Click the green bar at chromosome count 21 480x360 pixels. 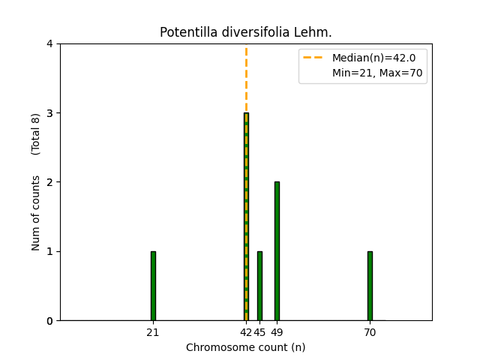153,286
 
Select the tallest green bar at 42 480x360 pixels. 246,217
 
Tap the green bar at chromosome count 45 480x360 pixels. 259,286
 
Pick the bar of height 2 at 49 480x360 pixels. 277,251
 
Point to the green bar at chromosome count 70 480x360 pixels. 370,286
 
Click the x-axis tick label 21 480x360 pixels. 153,332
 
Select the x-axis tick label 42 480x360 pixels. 245,332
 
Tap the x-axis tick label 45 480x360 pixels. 259,332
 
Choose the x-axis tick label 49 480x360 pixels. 277,332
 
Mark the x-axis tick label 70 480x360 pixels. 370,332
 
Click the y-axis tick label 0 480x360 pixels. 49,321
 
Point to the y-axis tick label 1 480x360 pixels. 49,251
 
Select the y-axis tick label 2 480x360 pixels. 49,182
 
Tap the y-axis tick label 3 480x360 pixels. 49,113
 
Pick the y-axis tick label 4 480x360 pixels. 49,44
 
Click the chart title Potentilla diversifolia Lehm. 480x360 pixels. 246,32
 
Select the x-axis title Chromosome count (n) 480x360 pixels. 246,347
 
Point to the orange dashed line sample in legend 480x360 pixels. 314,58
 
